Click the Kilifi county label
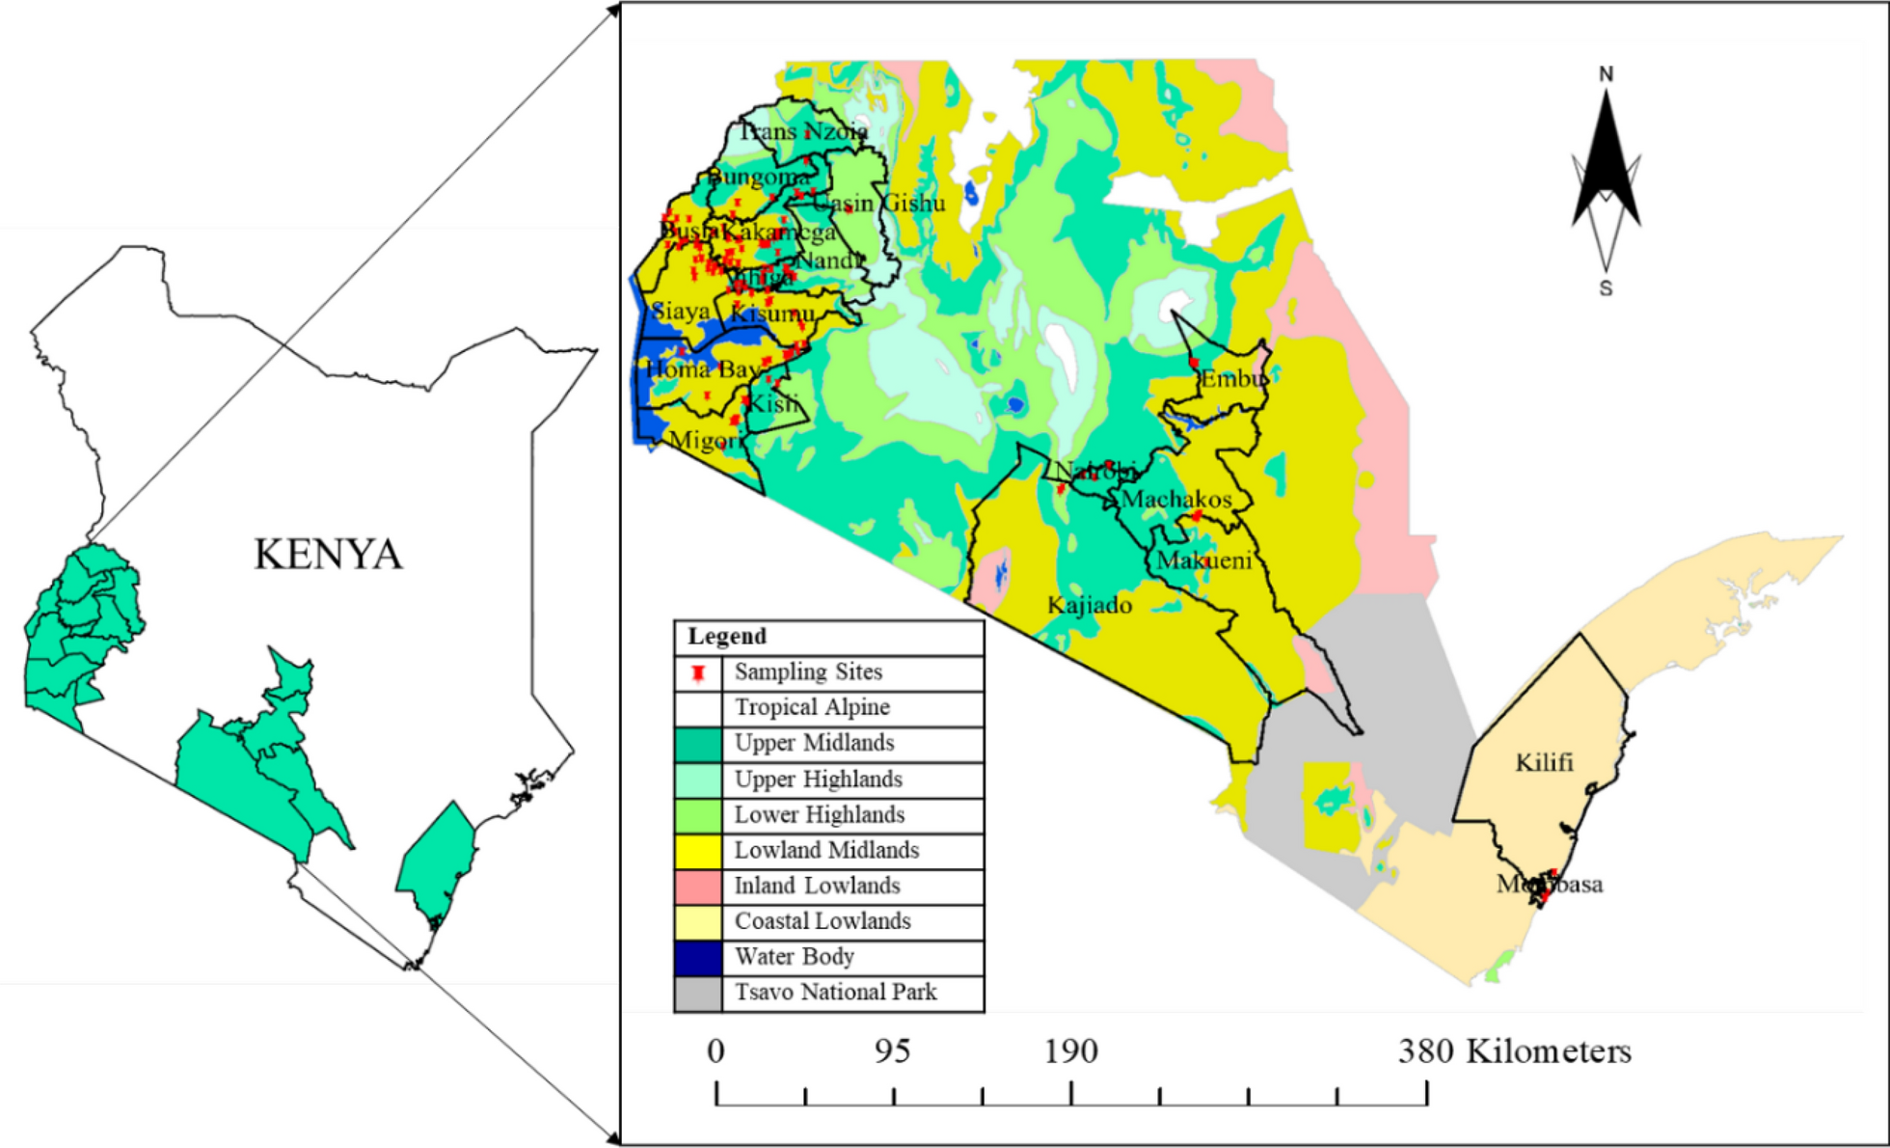(x=1544, y=763)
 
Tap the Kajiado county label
(x=1090, y=606)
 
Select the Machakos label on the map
(x=1176, y=500)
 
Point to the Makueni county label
(x=1204, y=560)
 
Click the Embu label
(x=1233, y=379)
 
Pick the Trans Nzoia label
(x=803, y=132)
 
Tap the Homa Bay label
(x=702, y=369)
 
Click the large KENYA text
(x=328, y=555)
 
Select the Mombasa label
(x=1550, y=885)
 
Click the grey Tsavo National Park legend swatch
(x=698, y=994)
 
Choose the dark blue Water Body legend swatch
(x=698, y=958)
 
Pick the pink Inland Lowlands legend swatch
(x=698, y=887)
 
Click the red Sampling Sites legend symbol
(x=698, y=673)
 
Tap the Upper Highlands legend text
(x=819, y=779)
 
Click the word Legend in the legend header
(x=727, y=637)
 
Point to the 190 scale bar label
(x=1070, y=1052)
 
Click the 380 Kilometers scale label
(x=1514, y=1052)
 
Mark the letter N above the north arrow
(x=1606, y=74)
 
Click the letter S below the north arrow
(x=1606, y=288)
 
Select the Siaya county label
(x=681, y=312)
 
